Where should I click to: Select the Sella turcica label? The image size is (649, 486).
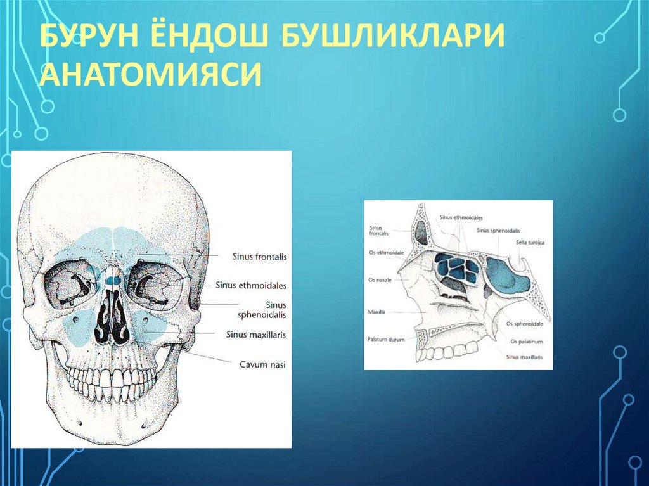[530, 242]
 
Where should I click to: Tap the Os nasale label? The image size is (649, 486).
[380, 279]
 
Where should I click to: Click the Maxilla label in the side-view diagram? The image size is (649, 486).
[376, 312]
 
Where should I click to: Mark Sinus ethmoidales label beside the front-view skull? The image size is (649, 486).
[251, 286]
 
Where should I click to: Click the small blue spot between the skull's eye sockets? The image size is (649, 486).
[113, 279]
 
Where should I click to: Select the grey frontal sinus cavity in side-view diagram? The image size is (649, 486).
[420, 233]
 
